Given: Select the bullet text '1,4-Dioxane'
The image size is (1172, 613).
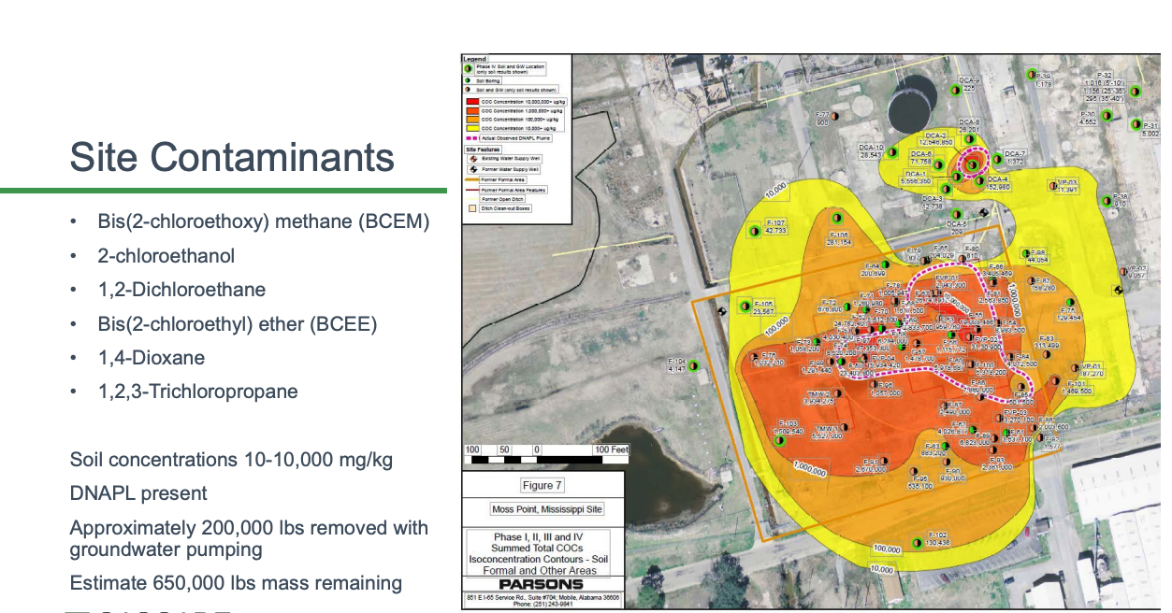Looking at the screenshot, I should [x=152, y=358].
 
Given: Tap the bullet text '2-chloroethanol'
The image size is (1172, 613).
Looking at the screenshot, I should [x=166, y=256].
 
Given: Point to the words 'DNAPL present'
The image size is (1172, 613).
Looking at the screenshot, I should [x=138, y=493].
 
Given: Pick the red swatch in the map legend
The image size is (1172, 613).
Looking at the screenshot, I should [x=472, y=101].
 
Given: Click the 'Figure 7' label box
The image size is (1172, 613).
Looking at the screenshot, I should [x=543, y=485].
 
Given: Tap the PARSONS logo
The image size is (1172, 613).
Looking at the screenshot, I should [x=543, y=585].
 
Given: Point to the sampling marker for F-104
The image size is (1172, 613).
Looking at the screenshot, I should [x=693, y=365].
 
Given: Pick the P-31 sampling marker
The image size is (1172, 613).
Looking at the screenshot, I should [x=1135, y=124].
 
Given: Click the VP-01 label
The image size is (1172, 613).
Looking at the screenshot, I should [x=1091, y=366].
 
